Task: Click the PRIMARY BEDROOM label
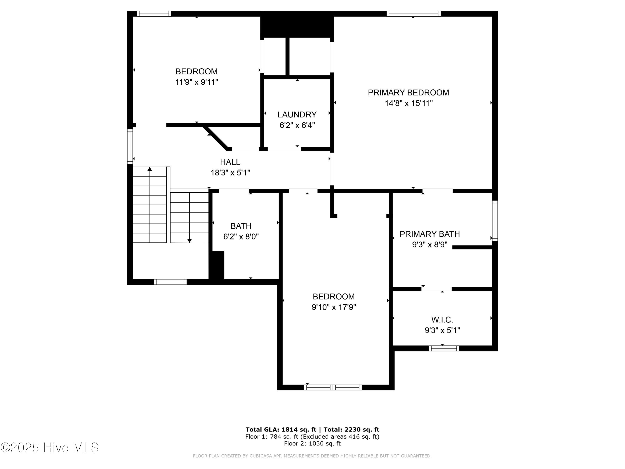click(x=408, y=92)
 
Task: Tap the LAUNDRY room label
click(x=297, y=114)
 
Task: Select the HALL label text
click(x=230, y=162)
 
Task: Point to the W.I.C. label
click(x=442, y=320)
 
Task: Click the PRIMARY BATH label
click(x=429, y=234)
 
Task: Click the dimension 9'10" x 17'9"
click(x=334, y=307)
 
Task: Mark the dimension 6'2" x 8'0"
click(x=241, y=237)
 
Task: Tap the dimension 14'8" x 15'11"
click(x=409, y=103)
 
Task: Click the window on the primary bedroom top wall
click(x=413, y=14)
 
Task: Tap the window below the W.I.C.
click(x=444, y=348)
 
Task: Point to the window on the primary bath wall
click(x=495, y=221)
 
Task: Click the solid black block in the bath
click(x=216, y=265)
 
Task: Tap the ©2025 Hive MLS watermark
click(x=50, y=448)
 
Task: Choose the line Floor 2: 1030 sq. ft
click(x=312, y=444)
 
